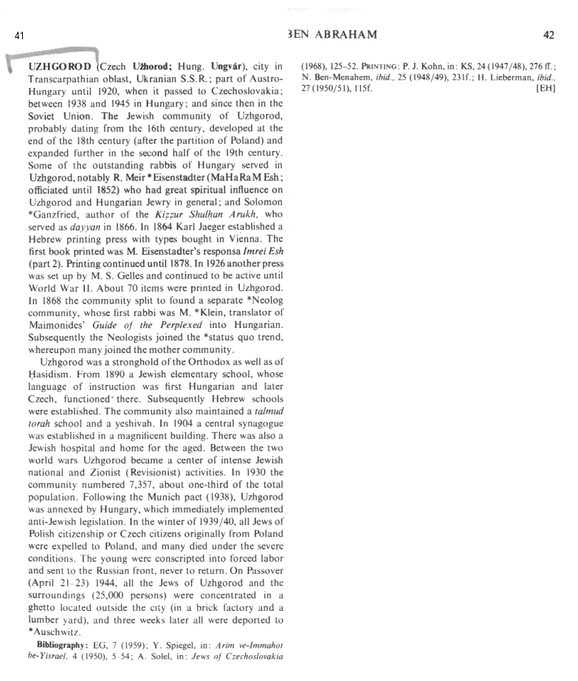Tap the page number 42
(x=548, y=35)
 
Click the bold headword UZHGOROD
(x=61, y=66)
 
